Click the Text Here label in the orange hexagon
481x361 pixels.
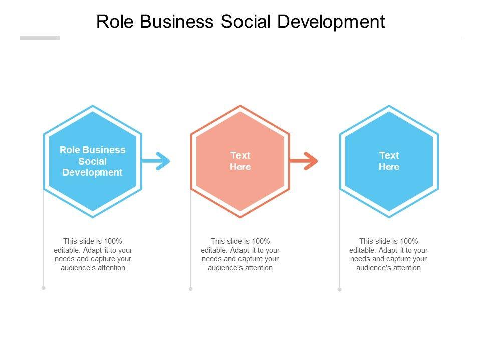pos(241,161)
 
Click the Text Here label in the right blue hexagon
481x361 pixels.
pos(389,161)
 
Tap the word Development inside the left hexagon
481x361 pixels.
pos(92,173)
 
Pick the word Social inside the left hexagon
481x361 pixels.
pos(92,161)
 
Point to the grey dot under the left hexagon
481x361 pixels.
pos(44,288)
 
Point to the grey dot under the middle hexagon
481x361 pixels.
pos(191,289)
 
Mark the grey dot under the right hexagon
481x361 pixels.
pos(339,289)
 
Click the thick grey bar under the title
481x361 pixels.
pos(40,38)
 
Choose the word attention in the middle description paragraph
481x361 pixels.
pos(256,268)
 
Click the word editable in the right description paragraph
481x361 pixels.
pos(361,250)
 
